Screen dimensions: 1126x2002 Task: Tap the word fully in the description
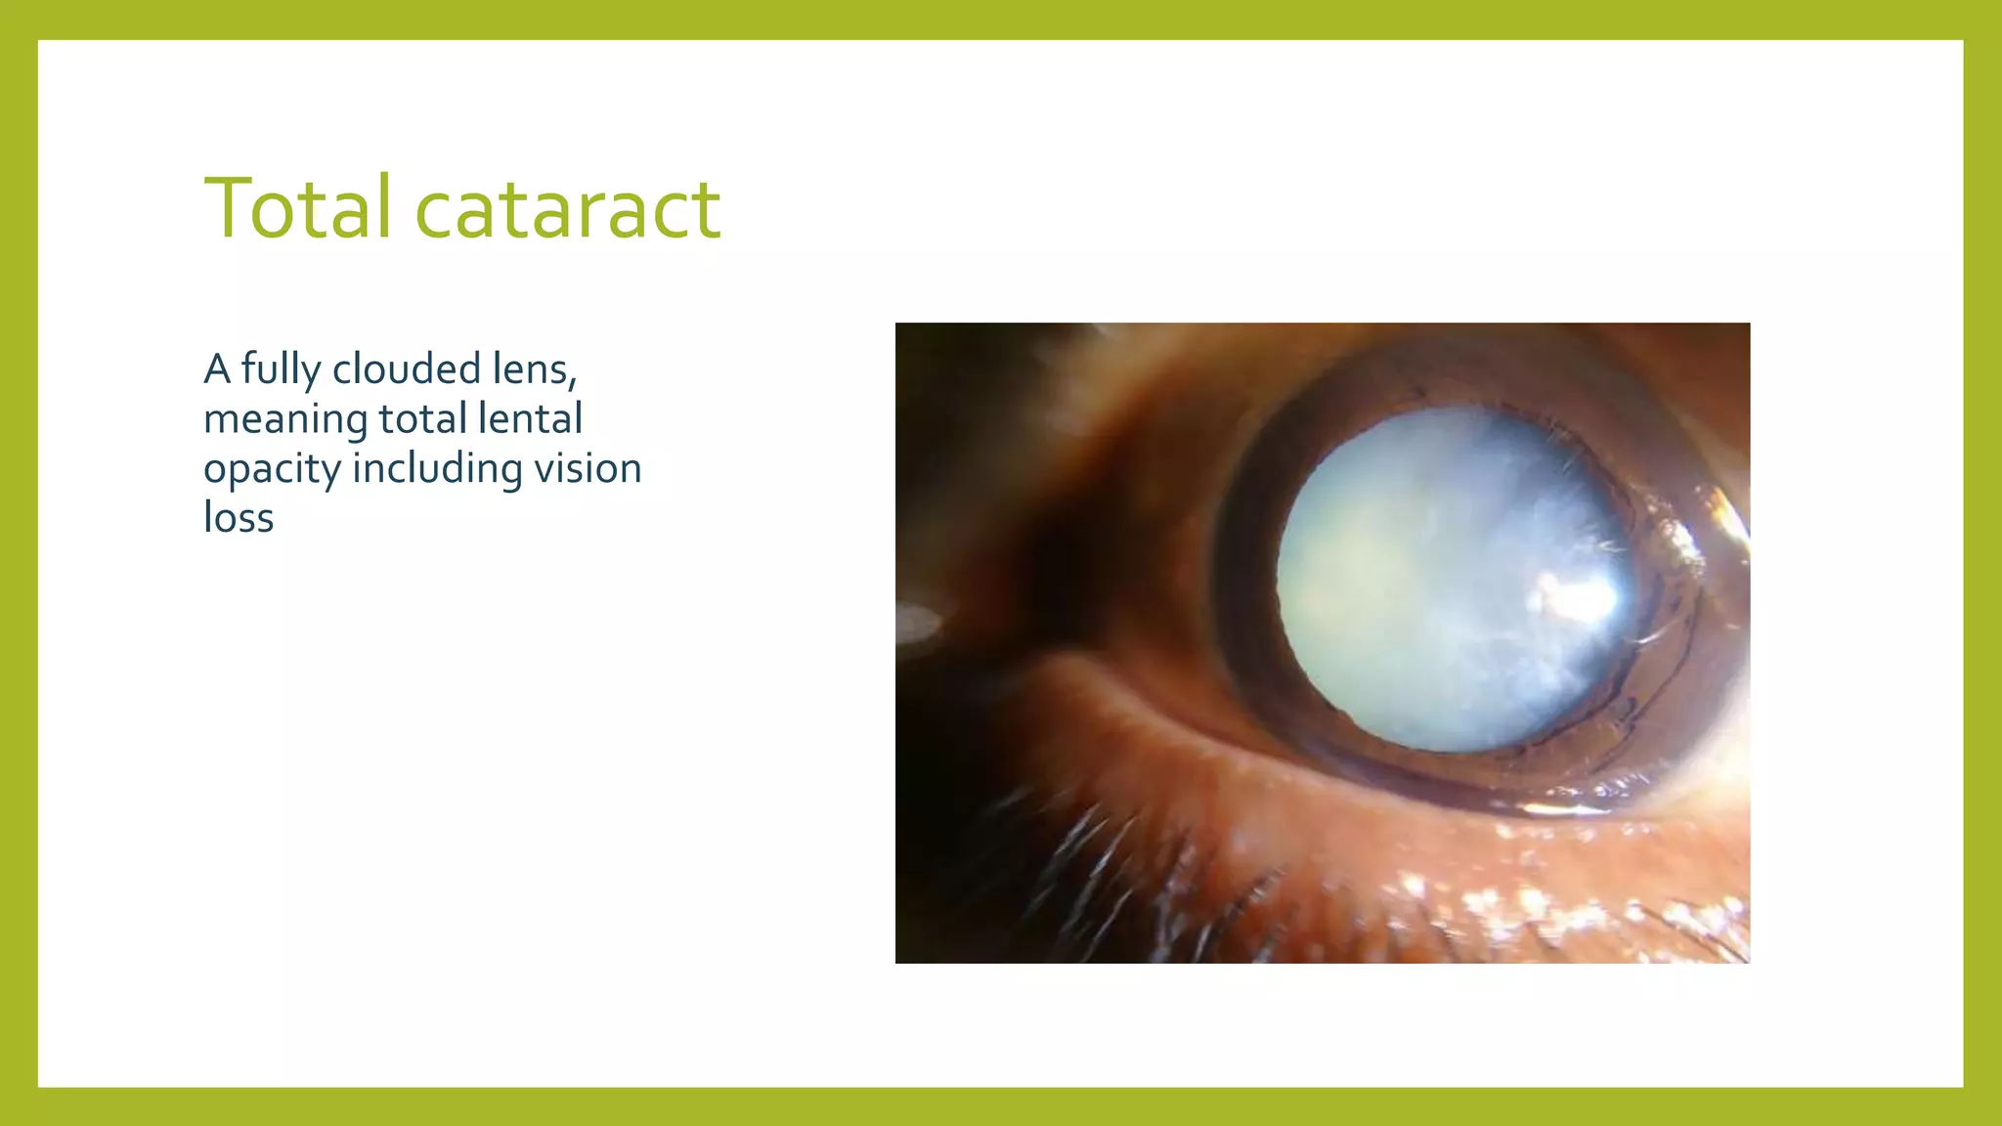(281, 370)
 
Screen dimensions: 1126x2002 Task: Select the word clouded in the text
(406, 369)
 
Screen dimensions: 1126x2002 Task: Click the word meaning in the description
(285, 420)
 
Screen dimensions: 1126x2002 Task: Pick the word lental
(531, 418)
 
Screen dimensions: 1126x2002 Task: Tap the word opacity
(272, 469)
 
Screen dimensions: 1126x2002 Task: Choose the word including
(437, 469)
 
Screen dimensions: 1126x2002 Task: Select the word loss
(238, 518)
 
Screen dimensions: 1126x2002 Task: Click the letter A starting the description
(217, 369)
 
